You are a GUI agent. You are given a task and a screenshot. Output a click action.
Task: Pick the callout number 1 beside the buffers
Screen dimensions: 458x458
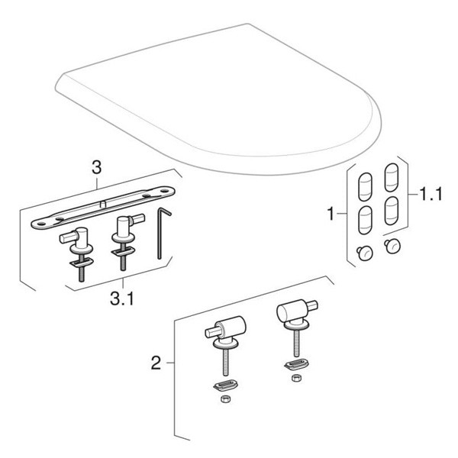[x=331, y=216]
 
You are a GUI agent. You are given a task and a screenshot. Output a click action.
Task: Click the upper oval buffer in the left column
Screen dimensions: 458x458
[x=365, y=185]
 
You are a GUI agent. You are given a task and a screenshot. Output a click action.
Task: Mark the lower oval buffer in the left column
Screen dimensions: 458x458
[x=365, y=221]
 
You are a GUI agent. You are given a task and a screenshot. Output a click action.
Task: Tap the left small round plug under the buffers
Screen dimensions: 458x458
[x=364, y=253]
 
